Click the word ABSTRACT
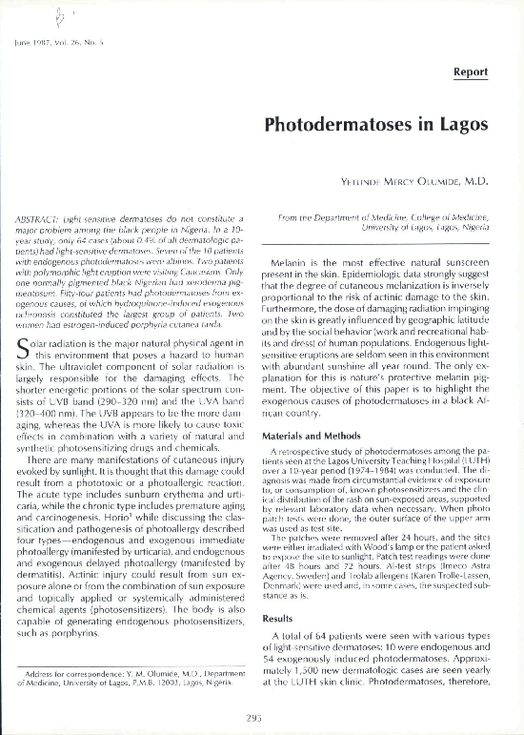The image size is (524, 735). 40,220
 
